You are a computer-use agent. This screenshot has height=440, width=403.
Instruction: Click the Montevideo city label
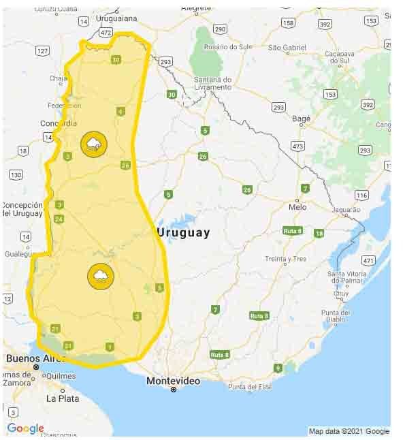[x=174, y=381]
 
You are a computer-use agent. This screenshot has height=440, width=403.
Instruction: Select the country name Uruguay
[x=183, y=232]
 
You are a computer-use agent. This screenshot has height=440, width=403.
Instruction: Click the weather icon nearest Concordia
[x=93, y=144]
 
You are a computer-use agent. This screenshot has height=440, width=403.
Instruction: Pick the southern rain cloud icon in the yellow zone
[x=100, y=276]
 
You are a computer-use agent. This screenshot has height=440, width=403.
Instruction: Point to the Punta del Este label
[x=251, y=387]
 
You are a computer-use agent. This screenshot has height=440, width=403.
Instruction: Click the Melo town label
[x=297, y=206]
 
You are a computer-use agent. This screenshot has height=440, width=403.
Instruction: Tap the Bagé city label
[x=301, y=119]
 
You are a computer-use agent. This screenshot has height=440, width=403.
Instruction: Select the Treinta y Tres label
[x=285, y=259]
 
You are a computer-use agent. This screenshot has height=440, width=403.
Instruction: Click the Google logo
[x=25, y=428]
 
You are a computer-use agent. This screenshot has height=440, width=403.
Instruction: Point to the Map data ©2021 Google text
[x=349, y=431]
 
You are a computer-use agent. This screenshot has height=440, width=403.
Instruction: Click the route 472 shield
[x=105, y=32]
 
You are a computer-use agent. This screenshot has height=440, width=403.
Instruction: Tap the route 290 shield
[x=219, y=29]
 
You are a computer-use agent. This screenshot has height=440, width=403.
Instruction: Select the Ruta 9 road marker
[x=278, y=368]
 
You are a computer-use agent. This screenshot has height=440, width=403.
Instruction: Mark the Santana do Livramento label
[x=213, y=83]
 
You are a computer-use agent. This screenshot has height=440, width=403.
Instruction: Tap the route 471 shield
[x=368, y=260]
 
